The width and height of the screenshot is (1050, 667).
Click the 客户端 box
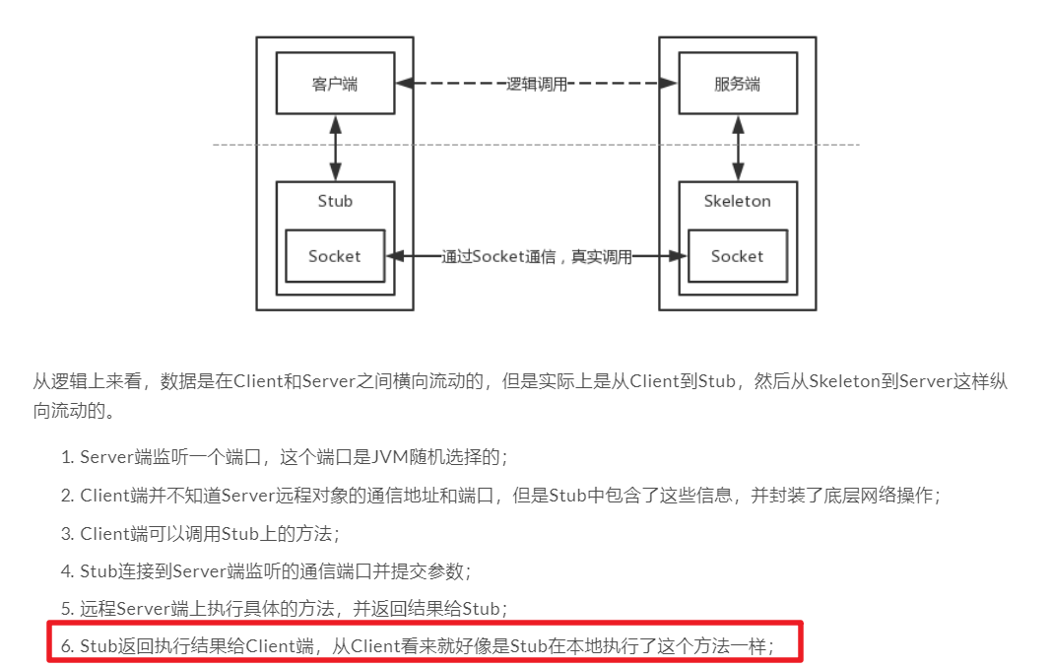[x=335, y=84]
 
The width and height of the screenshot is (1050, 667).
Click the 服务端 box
[x=737, y=84]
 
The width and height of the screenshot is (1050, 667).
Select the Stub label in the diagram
[x=335, y=201]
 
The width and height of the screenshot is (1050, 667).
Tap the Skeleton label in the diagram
[x=737, y=201]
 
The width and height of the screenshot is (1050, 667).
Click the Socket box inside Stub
[x=335, y=256]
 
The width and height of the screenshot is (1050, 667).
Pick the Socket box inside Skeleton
[x=737, y=256]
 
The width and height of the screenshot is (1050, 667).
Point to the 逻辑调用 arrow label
[x=537, y=85]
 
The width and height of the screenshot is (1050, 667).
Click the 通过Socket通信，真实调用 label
[x=536, y=257]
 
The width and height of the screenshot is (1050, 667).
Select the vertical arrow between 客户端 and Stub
[x=335, y=148]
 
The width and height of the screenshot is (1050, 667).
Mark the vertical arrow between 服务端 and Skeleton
[x=737, y=148]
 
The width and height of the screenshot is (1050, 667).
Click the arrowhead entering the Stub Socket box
[x=394, y=256]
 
